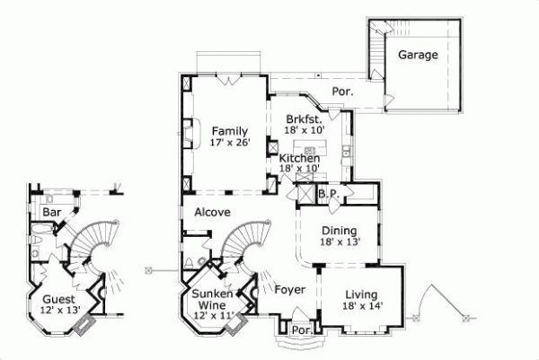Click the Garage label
click(419, 55)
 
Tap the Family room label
click(229, 129)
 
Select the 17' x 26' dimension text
click(229, 141)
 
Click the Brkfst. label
click(304, 119)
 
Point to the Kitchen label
click(299, 158)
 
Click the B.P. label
click(327, 193)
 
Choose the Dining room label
click(340, 229)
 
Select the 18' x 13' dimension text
click(340, 241)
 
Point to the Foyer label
click(289, 290)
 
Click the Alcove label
click(212, 213)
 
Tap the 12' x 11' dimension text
click(212, 316)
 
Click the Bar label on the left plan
click(51, 212)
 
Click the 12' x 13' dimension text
click(59, 311)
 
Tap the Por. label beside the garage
click(342, 92)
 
